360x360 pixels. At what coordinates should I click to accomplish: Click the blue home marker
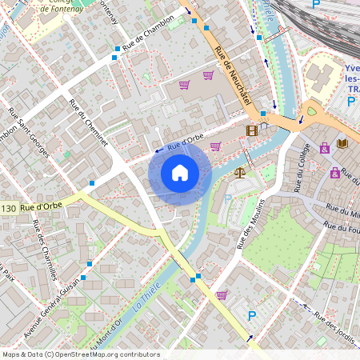coord(180,173)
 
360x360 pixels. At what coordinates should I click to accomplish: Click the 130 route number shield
coord(9,209)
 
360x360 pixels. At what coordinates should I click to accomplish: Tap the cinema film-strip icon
coord(253,130)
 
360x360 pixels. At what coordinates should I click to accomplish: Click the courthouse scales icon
coord(239,171)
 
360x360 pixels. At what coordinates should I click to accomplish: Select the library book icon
coord(343,143)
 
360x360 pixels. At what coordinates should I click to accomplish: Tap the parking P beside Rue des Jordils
coord(252,317)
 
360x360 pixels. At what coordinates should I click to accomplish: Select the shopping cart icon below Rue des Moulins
coord(222,294)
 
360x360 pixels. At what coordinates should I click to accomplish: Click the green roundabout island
coord(310,112)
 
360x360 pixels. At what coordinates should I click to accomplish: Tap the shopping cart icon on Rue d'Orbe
coord(215,146)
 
